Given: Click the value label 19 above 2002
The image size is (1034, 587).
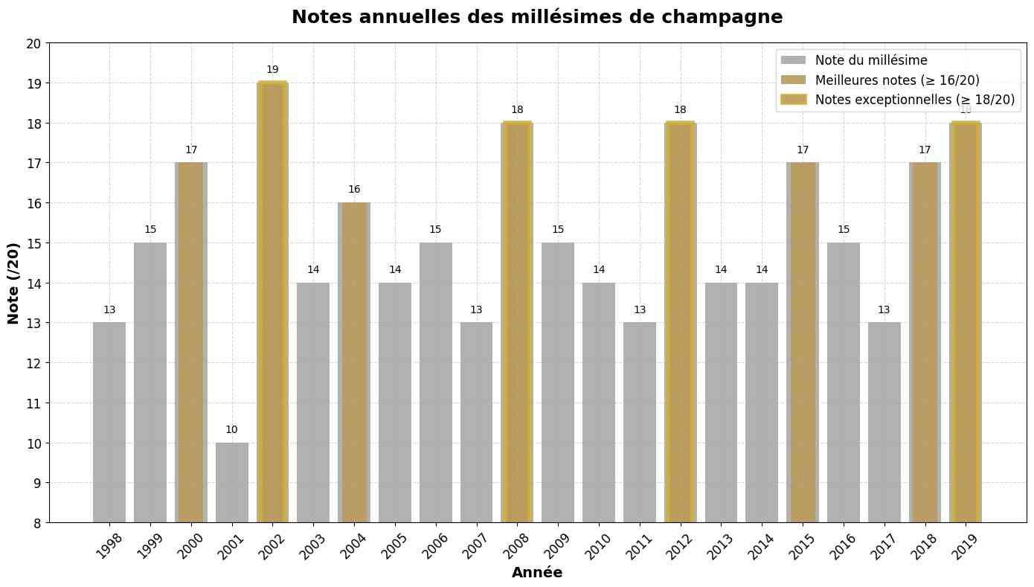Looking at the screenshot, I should coord(272,70).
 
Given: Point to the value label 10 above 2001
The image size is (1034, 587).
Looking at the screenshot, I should coord(231,430).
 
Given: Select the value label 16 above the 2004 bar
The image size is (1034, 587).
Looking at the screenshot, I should coord(354,190).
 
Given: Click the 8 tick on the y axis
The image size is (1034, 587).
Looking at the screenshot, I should coord(36,523).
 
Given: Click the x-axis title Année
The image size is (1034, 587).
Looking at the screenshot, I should coord(537,573).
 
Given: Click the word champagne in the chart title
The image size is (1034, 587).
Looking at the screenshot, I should coord(715,17).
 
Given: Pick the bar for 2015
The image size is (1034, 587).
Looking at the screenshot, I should coord(802,342).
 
